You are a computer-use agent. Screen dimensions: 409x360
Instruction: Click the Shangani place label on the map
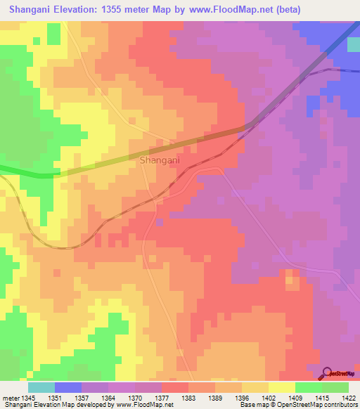[160, 160]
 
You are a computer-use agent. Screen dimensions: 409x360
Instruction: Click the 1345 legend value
[28, 397]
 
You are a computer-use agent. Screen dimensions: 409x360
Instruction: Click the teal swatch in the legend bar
[41, 387]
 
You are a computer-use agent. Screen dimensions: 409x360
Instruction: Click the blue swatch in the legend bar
[68, 387]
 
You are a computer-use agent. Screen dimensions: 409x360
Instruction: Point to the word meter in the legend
[11, 397]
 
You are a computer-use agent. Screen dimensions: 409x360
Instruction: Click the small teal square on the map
[353, 44]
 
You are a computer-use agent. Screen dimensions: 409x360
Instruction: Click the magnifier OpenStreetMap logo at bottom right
[328, 372]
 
